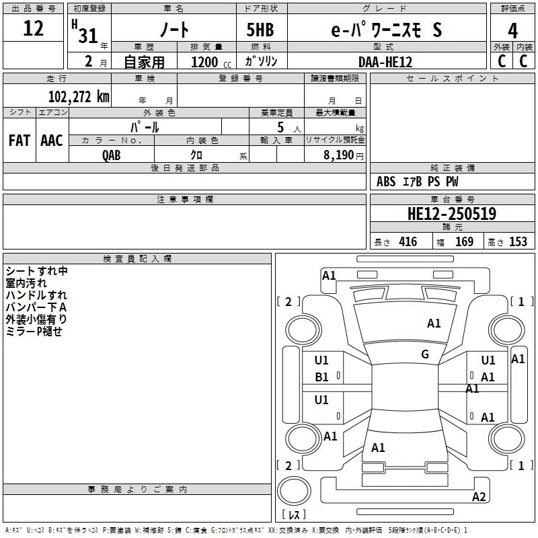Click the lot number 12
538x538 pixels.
point(33,29)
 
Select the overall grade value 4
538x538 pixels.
point(513,30)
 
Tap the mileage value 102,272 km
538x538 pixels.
point(79,97)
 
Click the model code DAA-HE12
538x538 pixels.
point(385,62)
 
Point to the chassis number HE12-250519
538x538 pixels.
point(452,215)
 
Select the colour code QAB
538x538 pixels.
point(112,155)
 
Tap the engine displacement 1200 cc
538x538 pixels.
point(204,62)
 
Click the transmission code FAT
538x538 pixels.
point(20,141)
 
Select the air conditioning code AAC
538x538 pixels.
point(51,141)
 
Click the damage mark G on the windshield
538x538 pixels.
point(425,354)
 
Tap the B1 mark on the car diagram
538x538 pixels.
point(322,377)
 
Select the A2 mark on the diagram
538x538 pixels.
point(479,497)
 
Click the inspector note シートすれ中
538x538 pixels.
point(37,271)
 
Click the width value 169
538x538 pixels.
point(464,242)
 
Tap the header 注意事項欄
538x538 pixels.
point(184,200)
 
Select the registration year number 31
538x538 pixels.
point(87,36)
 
